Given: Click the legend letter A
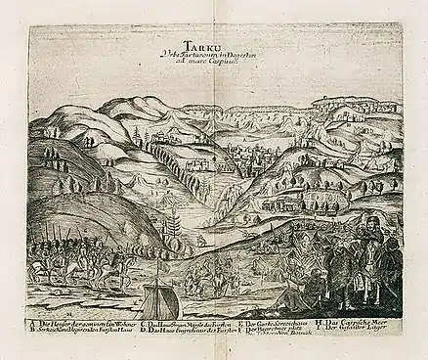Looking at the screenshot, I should tap(32, 324).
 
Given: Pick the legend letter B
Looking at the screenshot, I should tap(32, 332).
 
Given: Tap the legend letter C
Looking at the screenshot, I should tap(143, 324).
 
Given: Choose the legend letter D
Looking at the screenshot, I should tap(143, 332).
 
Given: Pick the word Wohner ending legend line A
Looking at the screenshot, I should tap(121, 324).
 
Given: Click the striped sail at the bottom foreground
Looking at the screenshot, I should tap(161, 298).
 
